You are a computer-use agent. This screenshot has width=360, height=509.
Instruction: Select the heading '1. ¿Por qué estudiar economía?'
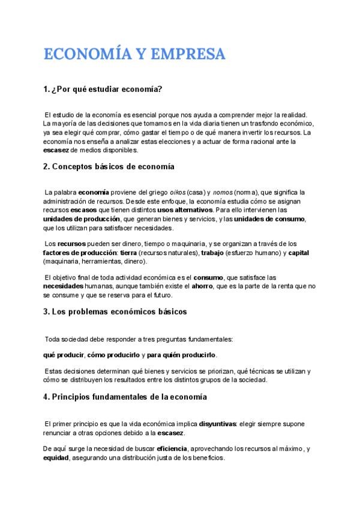103,89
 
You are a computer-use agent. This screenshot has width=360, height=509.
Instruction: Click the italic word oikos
173,192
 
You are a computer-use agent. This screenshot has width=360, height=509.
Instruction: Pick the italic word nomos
222,192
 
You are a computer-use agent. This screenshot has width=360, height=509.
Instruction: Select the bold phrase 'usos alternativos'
185,210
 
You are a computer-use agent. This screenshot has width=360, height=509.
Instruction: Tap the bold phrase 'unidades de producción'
82,219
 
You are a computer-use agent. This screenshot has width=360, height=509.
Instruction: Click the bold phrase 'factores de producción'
80,253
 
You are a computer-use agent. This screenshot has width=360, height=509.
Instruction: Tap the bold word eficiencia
172,448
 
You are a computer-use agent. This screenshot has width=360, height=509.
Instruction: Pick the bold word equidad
56,457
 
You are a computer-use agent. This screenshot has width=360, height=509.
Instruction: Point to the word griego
148,192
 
